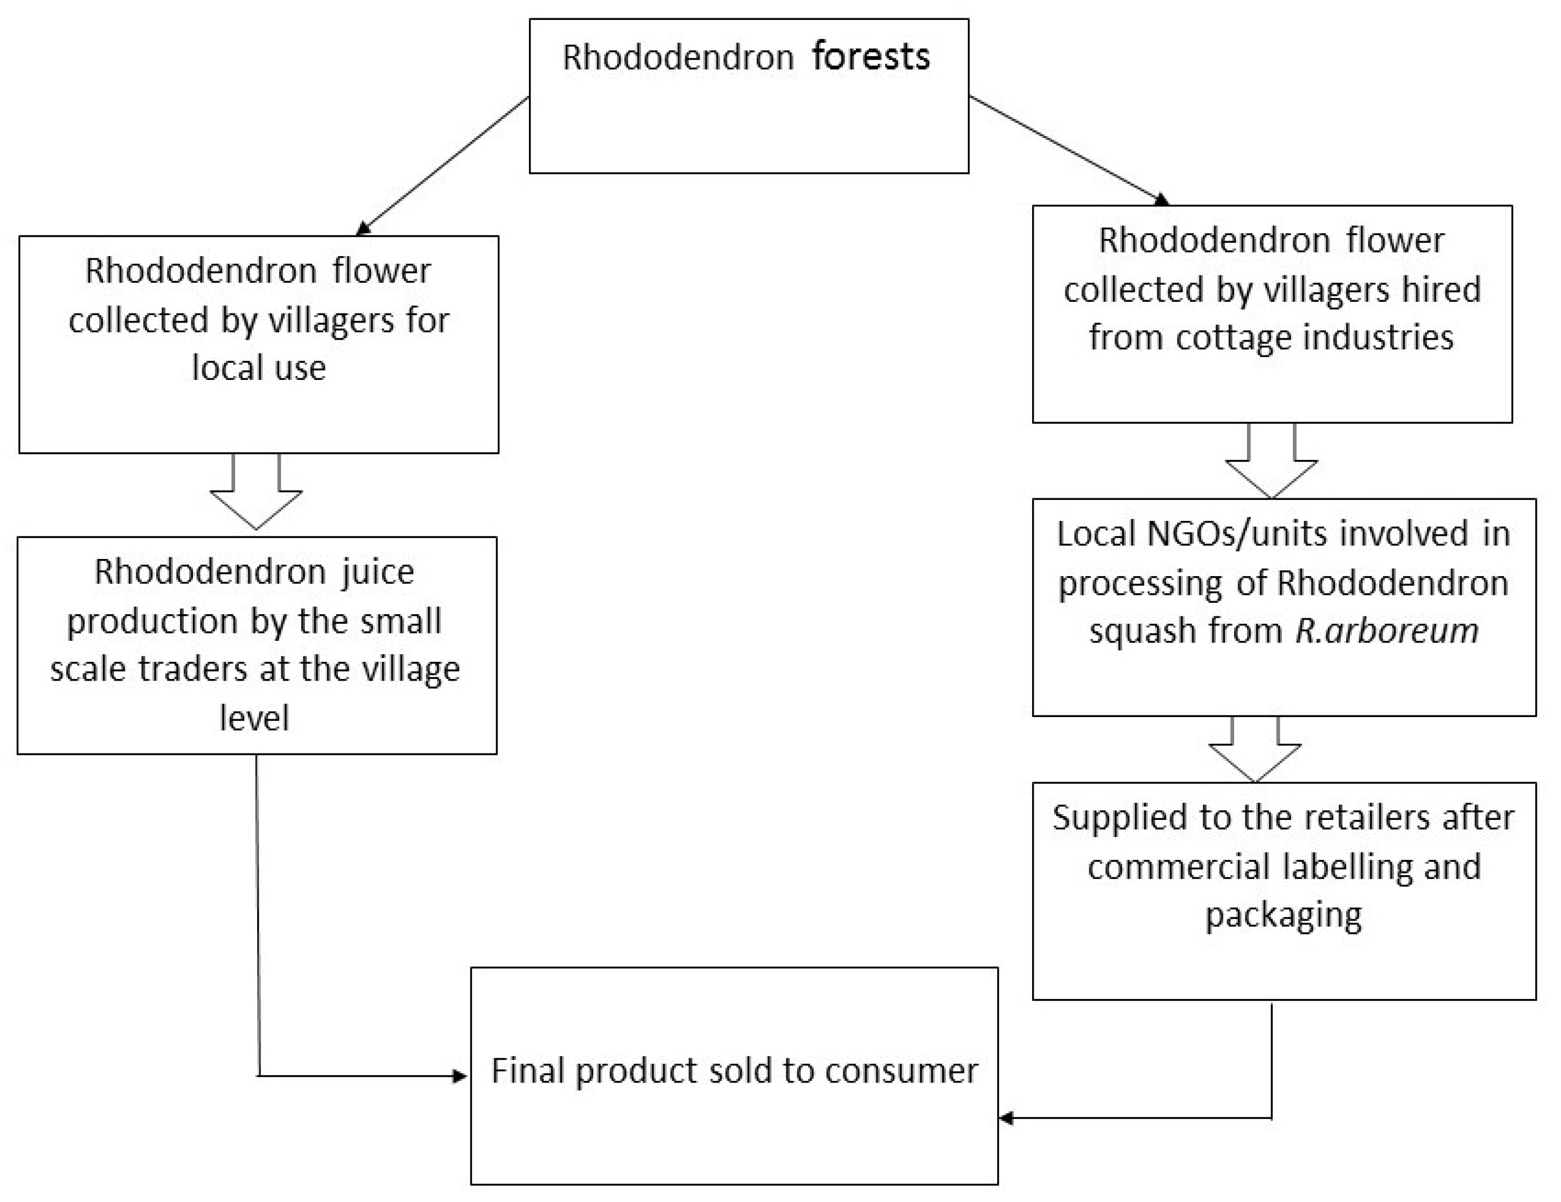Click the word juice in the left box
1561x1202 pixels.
click(x=377, y=572)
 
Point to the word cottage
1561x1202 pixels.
click(x=1233, y=337)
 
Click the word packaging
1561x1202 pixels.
click(x=1283, y=915)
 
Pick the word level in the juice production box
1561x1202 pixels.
click(x=255, y=718)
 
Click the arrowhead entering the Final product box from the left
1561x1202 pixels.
click(x=460, y=1076)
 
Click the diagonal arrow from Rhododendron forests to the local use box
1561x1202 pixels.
click(x=443, y=165)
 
